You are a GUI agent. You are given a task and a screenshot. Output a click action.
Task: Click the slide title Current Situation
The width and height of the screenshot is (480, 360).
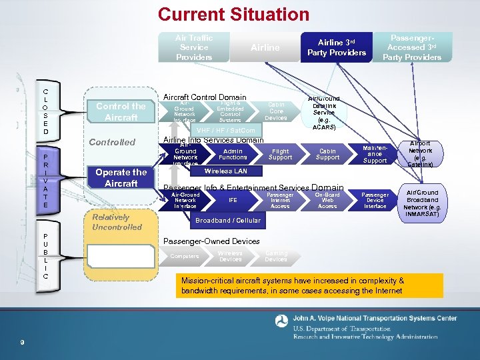(x=233, y=14)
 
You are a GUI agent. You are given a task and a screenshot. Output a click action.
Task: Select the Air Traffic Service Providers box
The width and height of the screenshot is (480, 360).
(x=194, y=47)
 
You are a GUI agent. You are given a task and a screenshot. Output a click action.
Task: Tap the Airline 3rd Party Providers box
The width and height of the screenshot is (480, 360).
(x=336, y=47)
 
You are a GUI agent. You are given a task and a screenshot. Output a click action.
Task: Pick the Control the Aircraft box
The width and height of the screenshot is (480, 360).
(x=121, y=111)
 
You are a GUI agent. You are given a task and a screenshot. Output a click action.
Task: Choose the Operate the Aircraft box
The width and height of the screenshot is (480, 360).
(x=121, y=177)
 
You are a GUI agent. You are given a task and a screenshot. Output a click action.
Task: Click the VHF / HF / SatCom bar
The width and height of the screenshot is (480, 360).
(x=227, y=130)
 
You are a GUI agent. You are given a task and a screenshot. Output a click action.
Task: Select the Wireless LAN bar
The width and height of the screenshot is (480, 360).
(x=225, y=171)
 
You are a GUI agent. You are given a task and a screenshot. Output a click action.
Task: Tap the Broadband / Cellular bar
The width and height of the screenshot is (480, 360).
(x=227, y=220)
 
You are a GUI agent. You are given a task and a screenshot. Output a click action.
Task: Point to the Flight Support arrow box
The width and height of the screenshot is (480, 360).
(x=280, y=155)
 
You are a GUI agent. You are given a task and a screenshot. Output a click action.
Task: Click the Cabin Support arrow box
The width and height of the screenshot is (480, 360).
(x=327, y=155)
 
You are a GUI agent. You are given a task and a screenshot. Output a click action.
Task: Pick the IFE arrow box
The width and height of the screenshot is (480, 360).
(x=233, y=200)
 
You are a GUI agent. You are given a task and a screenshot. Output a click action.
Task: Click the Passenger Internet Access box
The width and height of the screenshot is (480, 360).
(x=280, y=200)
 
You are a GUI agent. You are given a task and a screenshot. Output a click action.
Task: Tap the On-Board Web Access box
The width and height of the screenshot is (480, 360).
(x=327, y=200)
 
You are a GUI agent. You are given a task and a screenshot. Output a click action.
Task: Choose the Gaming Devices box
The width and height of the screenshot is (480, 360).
(x=276, y=256)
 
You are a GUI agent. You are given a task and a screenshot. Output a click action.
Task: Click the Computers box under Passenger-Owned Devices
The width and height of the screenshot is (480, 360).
(x=185, y=256)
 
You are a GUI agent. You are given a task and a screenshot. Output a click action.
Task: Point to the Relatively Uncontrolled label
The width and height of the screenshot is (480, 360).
(x=117, y=222)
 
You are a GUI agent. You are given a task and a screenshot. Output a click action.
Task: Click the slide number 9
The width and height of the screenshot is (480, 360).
(x=23, y=343)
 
